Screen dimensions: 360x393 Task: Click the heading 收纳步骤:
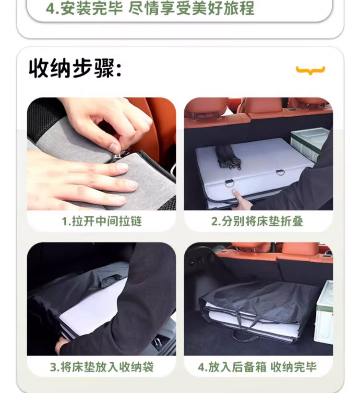[75, 68]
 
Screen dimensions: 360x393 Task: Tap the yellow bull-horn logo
[311, 70]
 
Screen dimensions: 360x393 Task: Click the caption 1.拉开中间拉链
[102, 221]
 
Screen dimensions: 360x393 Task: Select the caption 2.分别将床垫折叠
[257, 221]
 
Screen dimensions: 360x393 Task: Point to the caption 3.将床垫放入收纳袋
[102, 367]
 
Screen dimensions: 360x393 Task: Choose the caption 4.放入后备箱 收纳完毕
[257, 367]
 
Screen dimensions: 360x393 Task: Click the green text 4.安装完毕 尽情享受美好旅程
[150, 8]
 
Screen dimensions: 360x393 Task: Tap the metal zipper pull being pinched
[117, 157]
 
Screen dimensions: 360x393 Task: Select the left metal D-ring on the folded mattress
[228, 183]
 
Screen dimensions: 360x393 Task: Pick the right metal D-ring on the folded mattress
[280, 172]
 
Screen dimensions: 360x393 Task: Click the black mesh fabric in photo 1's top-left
[43, 116]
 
